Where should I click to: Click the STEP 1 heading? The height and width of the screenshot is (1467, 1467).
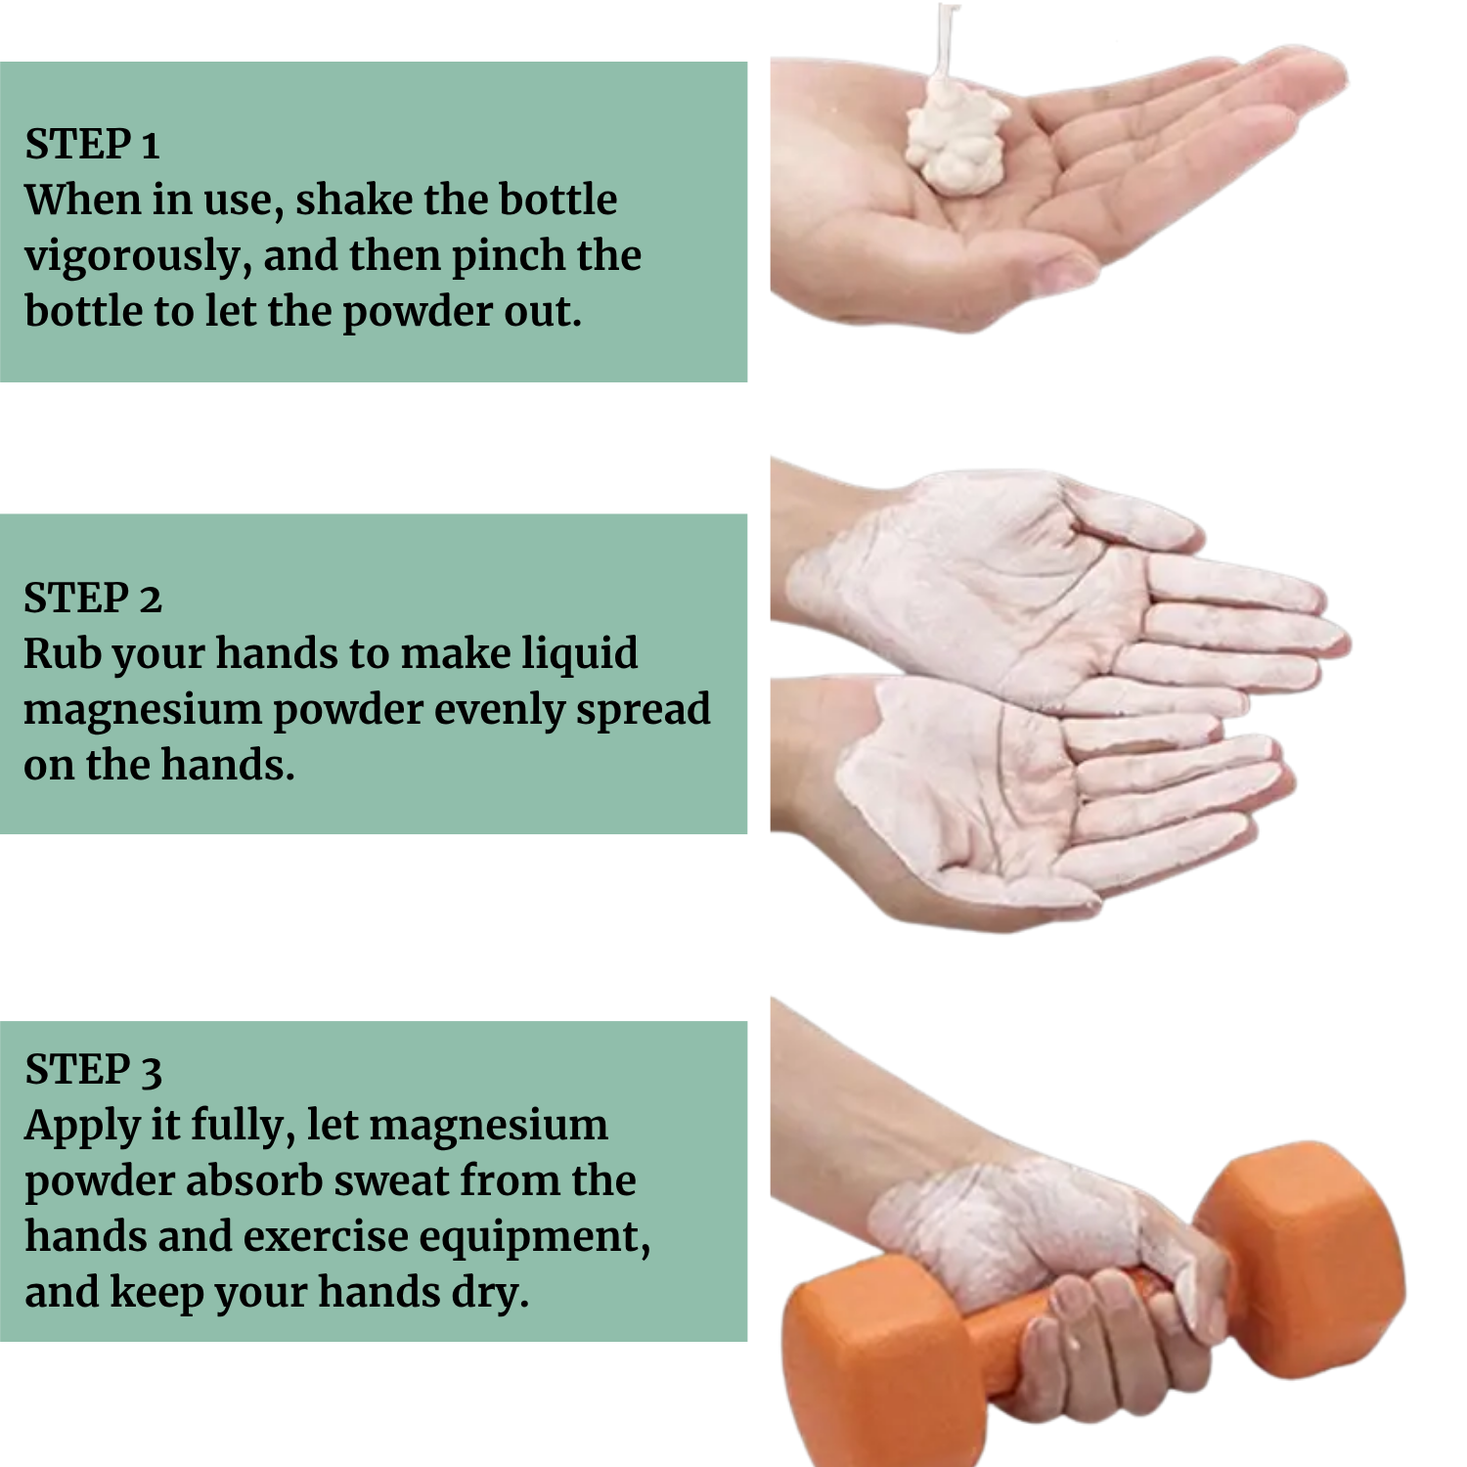pos(92,144)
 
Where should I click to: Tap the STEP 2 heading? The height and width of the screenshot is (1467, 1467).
pos(92,598)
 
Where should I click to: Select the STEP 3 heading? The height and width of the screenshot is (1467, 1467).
pos(93,1069)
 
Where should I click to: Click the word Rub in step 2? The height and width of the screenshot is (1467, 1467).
pos(62,653)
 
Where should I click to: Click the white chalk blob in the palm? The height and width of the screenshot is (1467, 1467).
pos(956,135)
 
